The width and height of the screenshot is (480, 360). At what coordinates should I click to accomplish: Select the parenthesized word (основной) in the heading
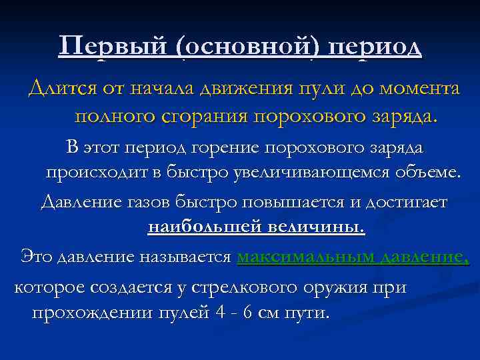[247, 47]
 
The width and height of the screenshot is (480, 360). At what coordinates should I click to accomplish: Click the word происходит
[96, 173]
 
